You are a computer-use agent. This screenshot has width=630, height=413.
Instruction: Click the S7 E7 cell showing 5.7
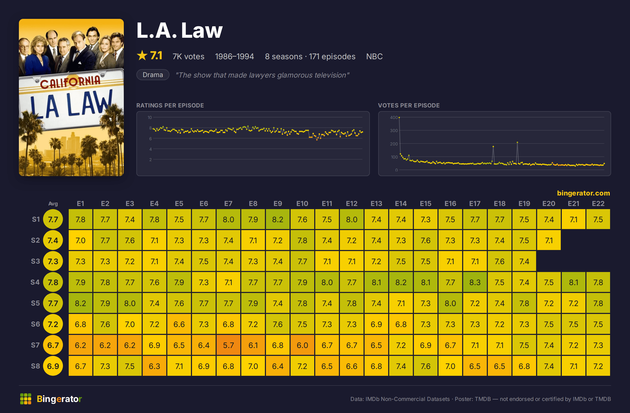[228, 345]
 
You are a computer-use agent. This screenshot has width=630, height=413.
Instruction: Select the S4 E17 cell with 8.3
[475, 282]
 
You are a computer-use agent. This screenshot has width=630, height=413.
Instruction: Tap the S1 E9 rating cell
[278, 219]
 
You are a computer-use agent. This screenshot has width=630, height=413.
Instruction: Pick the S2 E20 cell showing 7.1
[549, 240]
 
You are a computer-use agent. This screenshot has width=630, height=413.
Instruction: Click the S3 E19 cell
[524, 261]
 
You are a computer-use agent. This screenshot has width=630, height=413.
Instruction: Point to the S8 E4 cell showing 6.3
[154, 366]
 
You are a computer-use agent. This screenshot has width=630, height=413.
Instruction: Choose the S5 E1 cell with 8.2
[81, 303]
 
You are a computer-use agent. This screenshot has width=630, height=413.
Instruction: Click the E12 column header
[351, 204]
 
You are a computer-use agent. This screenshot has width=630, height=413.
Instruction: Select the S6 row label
[35, 324]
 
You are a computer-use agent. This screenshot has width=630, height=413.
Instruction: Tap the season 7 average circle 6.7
[53, 345]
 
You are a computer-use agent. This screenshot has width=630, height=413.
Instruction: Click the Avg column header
[53, 204]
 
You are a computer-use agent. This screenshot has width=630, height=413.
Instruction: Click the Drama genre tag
[153, 75]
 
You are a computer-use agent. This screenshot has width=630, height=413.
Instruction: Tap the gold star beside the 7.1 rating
[142, 56]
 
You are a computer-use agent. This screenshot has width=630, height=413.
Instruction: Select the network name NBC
[374, 56]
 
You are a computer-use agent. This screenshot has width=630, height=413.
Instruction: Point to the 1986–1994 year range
[234, 56]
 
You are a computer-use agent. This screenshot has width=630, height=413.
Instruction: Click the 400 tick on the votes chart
[394, 117]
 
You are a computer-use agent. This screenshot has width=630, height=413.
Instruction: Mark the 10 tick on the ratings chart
[150, 117]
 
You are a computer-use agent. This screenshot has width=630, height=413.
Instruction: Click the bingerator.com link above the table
[583, 193]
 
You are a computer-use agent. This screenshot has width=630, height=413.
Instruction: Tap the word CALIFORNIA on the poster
[70, 82]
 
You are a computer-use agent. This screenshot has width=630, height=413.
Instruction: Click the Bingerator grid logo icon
[26, 399]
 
